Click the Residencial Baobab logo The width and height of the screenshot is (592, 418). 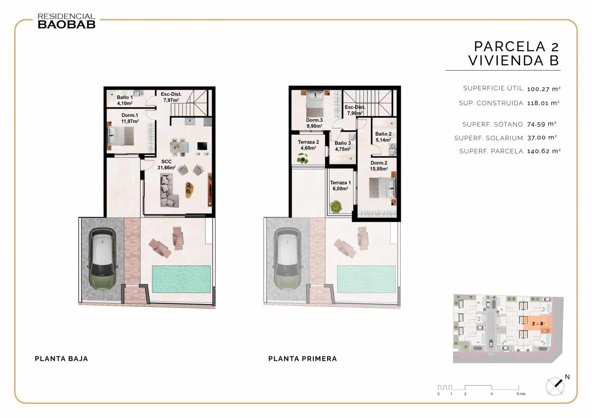coord(67,21)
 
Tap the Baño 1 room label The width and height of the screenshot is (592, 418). coord(125,100)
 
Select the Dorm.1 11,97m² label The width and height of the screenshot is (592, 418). coord(130,118)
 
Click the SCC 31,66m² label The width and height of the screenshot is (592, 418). coord(166,164)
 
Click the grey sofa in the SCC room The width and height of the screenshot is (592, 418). coord(168,190)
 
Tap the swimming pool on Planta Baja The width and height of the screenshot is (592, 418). coord(181,279)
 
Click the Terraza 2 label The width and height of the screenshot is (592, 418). coord(308,145)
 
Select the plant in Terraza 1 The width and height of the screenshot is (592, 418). coord(336,206)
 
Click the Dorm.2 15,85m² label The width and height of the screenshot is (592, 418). coord(379,166)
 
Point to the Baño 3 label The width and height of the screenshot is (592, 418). coord(343,146)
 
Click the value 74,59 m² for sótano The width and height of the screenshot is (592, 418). coord(542,124)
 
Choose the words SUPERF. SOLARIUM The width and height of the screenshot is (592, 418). coord(488,138)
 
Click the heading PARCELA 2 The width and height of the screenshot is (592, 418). coord(516,47)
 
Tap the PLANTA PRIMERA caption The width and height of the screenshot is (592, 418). coord(302,358)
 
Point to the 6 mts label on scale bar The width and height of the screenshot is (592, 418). coord(521,394)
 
